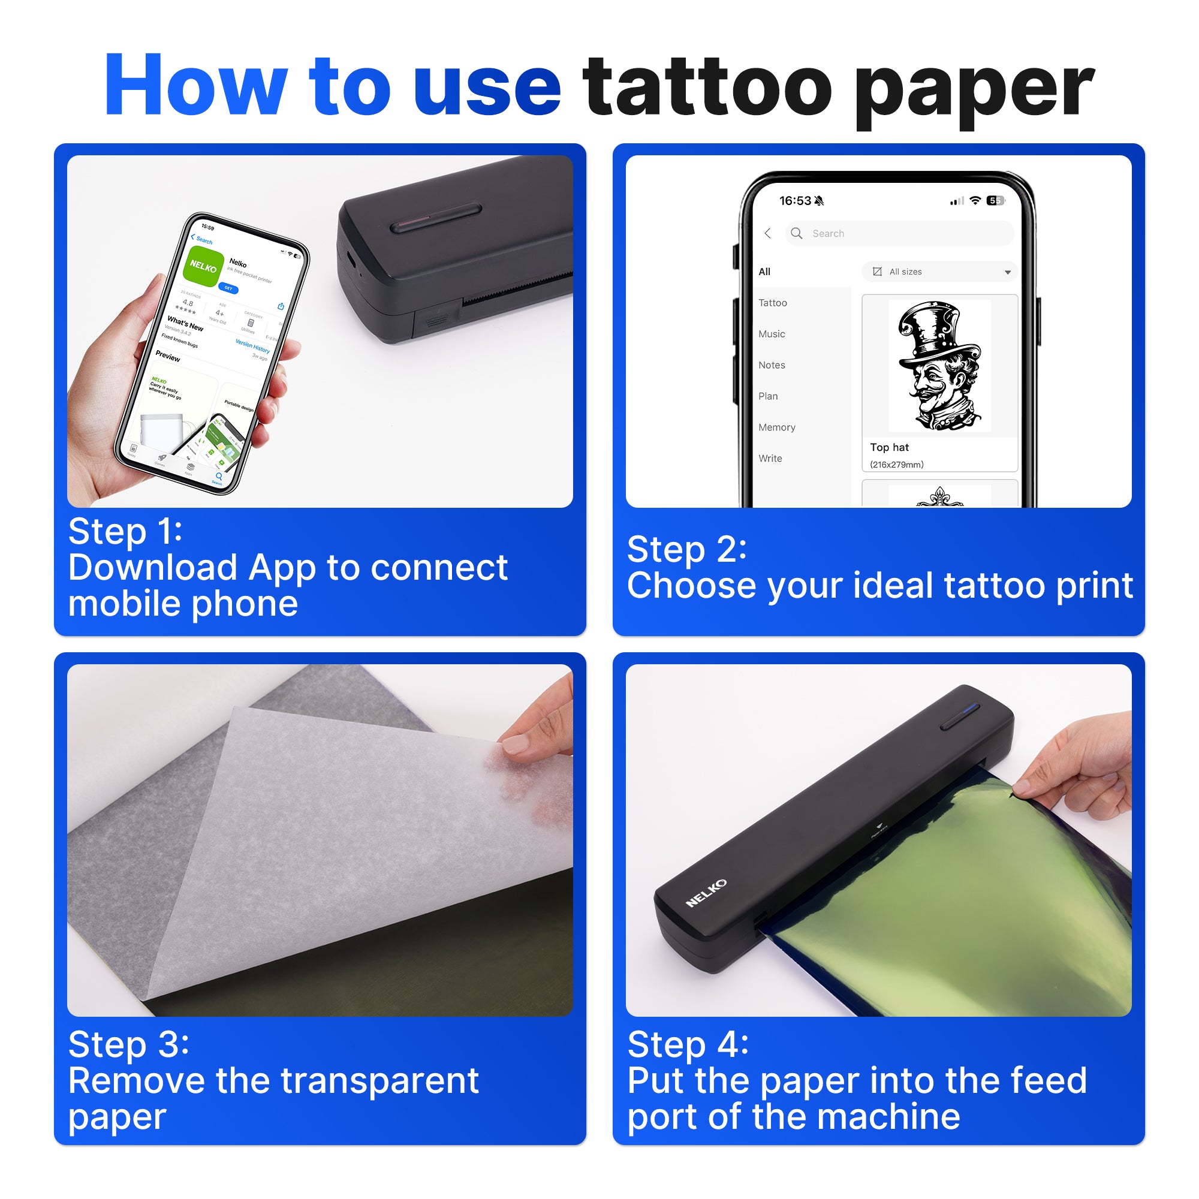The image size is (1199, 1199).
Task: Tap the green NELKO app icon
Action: tap(204, 266)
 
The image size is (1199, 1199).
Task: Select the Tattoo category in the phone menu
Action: tap(773, 303)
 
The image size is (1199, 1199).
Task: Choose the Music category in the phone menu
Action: tap(772, 334)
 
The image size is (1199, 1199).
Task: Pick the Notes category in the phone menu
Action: tap(772, 365)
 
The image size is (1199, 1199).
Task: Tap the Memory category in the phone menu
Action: tap(776, 427)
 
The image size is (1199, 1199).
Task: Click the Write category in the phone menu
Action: tap(770, 458)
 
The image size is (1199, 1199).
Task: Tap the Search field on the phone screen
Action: tap(900, 233)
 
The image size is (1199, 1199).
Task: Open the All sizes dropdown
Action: tap(940, 272)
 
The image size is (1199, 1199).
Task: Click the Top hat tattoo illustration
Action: tap(939, 366)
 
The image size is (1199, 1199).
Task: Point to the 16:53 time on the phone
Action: tap(795, 200)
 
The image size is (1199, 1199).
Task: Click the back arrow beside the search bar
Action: tap(768, 233)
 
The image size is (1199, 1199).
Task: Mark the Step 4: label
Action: tap(688, 1044)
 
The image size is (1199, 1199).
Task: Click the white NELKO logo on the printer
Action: tap(706, 893)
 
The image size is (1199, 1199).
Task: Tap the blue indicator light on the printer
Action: tap(971, 707)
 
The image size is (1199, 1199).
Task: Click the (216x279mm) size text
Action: tap(897, 465)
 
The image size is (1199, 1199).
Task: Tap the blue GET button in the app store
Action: tap(228, 288)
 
